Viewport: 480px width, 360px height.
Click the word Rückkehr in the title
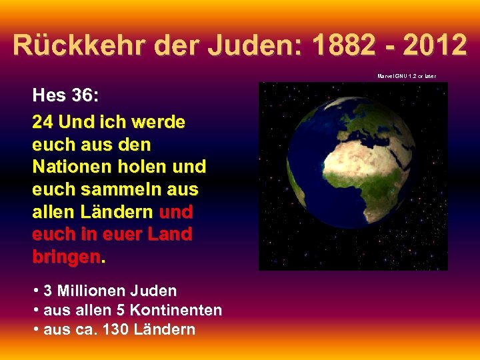coord(65,45)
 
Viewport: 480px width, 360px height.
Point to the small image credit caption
coord(407,77)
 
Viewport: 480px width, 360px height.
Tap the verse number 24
coord(42,122)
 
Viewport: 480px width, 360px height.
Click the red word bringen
coord(65,257)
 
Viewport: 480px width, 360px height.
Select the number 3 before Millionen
coord(47,291)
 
